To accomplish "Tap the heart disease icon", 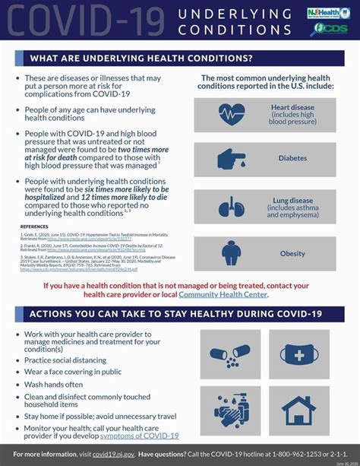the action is point(232,115).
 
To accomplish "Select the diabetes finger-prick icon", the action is point(232,159).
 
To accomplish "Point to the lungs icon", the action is point(232,206).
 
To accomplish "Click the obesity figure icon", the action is point(232,253).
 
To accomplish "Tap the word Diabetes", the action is point(293,159).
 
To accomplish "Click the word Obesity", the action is point(292,253).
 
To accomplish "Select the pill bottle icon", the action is point(230,353).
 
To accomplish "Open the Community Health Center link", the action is point(223,294).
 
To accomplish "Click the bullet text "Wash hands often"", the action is point(53,385).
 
